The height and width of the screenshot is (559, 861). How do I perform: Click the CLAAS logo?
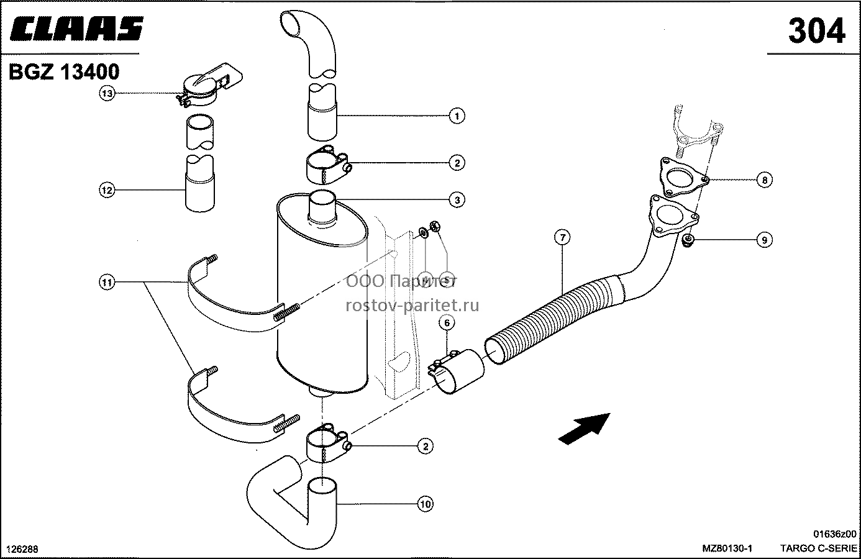[x=77, y=29]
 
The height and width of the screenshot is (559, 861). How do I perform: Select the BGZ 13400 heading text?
[x=64, y=72]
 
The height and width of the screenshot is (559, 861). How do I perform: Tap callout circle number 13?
[x=107, y=93]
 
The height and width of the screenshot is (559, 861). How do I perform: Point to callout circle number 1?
[x=457, y=116]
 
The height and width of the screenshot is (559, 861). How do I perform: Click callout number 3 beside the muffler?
[x=457, y=200]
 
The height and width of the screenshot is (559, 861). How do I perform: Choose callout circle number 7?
[x=562, y=237]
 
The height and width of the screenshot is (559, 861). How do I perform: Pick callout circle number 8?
[x=765, y=180]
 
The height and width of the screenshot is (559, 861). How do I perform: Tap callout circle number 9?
[x=765, y=240]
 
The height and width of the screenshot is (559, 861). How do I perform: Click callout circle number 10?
[x=426, y=504]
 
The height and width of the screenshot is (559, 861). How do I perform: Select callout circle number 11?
[x=107, y=283]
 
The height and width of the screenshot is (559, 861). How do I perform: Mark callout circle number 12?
[x=107, y=190]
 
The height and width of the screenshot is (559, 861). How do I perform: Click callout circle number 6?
[x=447, y=323]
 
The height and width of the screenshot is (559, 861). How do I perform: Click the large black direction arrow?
[x=584, y=429]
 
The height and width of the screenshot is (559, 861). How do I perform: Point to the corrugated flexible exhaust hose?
[x=553, y=320]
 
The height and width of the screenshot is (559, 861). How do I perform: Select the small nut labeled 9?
[x=688, y=240]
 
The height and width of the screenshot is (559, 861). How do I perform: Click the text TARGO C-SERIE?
[x=818, y=548]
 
